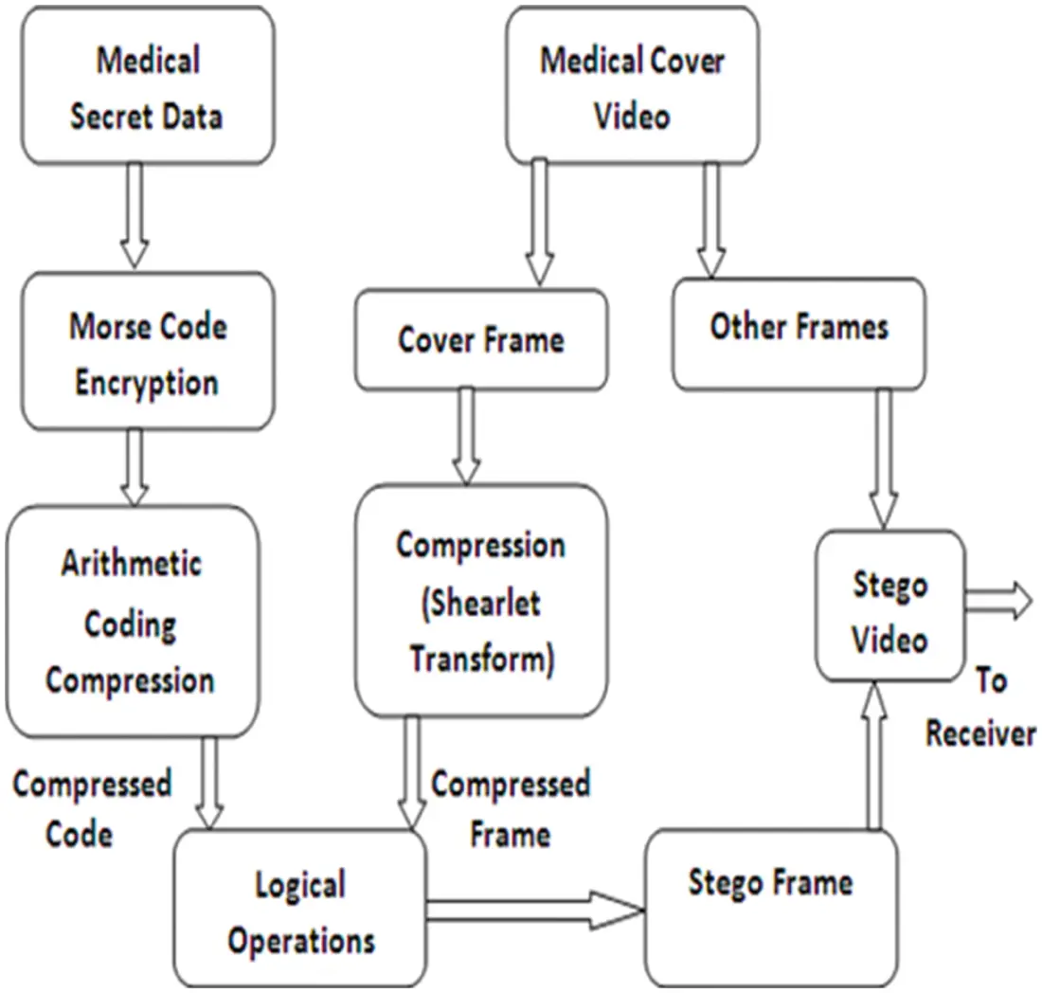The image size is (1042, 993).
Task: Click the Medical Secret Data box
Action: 147,87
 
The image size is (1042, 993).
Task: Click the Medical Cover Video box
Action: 632,87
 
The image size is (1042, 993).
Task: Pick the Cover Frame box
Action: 481,340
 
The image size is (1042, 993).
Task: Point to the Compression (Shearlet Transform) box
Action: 481,601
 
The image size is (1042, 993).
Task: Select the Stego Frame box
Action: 770,907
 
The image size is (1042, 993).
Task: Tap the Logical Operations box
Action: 301,912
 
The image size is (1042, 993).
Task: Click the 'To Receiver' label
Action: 979,709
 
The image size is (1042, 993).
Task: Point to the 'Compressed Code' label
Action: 91,808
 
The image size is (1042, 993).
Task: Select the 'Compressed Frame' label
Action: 511,808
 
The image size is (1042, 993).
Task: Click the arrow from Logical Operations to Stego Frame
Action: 534,911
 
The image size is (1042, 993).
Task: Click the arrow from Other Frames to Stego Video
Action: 884,459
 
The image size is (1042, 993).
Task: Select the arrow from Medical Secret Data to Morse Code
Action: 135,215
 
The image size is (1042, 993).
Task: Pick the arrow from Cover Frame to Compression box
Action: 465,436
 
